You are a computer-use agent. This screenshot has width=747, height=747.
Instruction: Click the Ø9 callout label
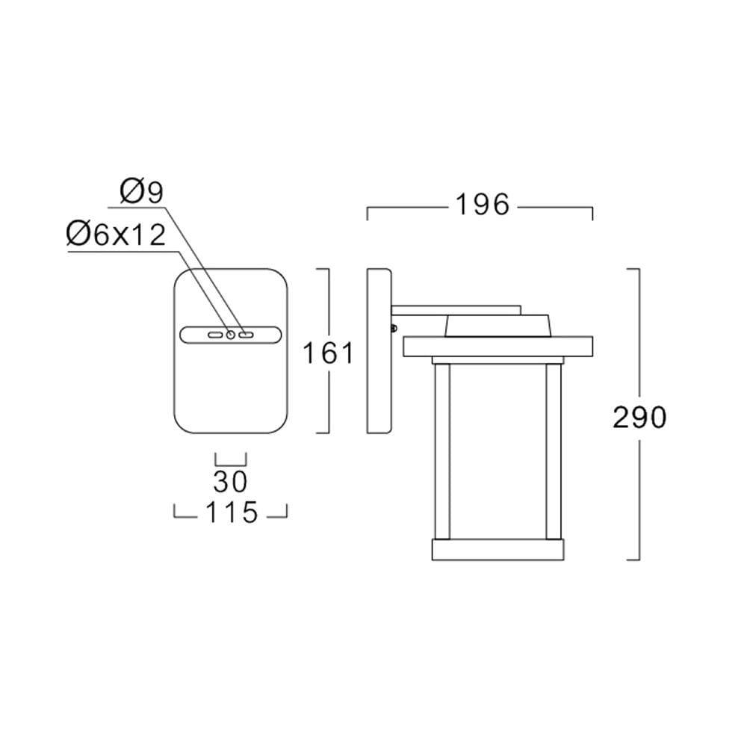142,192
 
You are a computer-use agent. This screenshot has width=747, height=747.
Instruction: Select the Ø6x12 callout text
117,235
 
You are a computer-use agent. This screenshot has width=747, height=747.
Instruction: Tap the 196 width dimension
483,205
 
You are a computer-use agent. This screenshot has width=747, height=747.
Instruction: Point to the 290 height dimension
639,418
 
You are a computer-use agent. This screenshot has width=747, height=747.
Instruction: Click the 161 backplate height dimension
329,353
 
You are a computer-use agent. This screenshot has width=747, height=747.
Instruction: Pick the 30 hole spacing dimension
231,482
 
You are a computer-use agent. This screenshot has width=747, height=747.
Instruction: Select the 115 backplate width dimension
232,512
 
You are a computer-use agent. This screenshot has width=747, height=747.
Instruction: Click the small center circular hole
231,335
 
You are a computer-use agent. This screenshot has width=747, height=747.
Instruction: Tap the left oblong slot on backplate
215,335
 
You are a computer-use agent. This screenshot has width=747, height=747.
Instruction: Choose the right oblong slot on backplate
246,335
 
